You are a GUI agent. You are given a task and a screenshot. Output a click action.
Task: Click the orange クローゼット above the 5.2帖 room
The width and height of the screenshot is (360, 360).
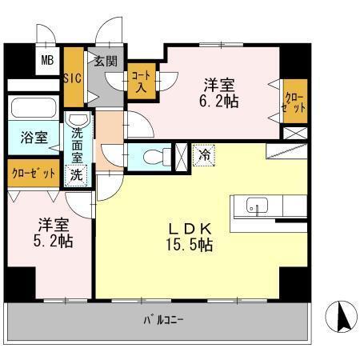coord(34,174)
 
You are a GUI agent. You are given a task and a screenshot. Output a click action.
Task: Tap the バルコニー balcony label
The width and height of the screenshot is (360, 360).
coord(164,321)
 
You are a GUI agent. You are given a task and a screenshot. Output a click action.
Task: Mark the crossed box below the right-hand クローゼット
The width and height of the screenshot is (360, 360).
coord(294,134)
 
